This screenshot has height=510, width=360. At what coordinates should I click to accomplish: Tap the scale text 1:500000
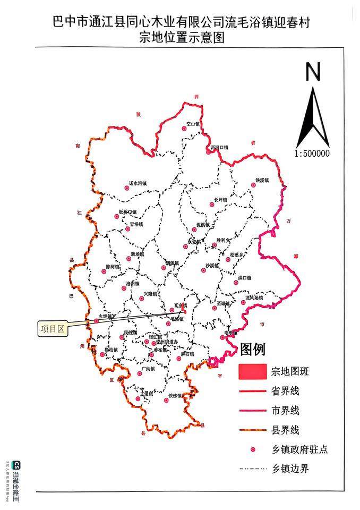pos(312,154)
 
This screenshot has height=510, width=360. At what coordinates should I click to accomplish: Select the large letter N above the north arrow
pos(313,71)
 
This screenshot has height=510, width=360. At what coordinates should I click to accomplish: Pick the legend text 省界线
pos(285,392)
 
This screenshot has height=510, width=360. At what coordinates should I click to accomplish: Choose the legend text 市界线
pos(285,411)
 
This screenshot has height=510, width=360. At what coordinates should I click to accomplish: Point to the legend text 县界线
pos(285,430)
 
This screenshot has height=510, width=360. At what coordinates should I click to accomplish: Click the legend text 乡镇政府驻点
pos(299,449)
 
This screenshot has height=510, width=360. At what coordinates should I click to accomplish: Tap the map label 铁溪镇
pos(262,180)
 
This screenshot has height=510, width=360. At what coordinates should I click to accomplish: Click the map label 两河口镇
pos(219,147)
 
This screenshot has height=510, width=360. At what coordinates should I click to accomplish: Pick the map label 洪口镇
pos(245,278)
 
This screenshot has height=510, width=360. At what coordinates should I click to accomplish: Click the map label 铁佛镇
pos(176,396)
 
